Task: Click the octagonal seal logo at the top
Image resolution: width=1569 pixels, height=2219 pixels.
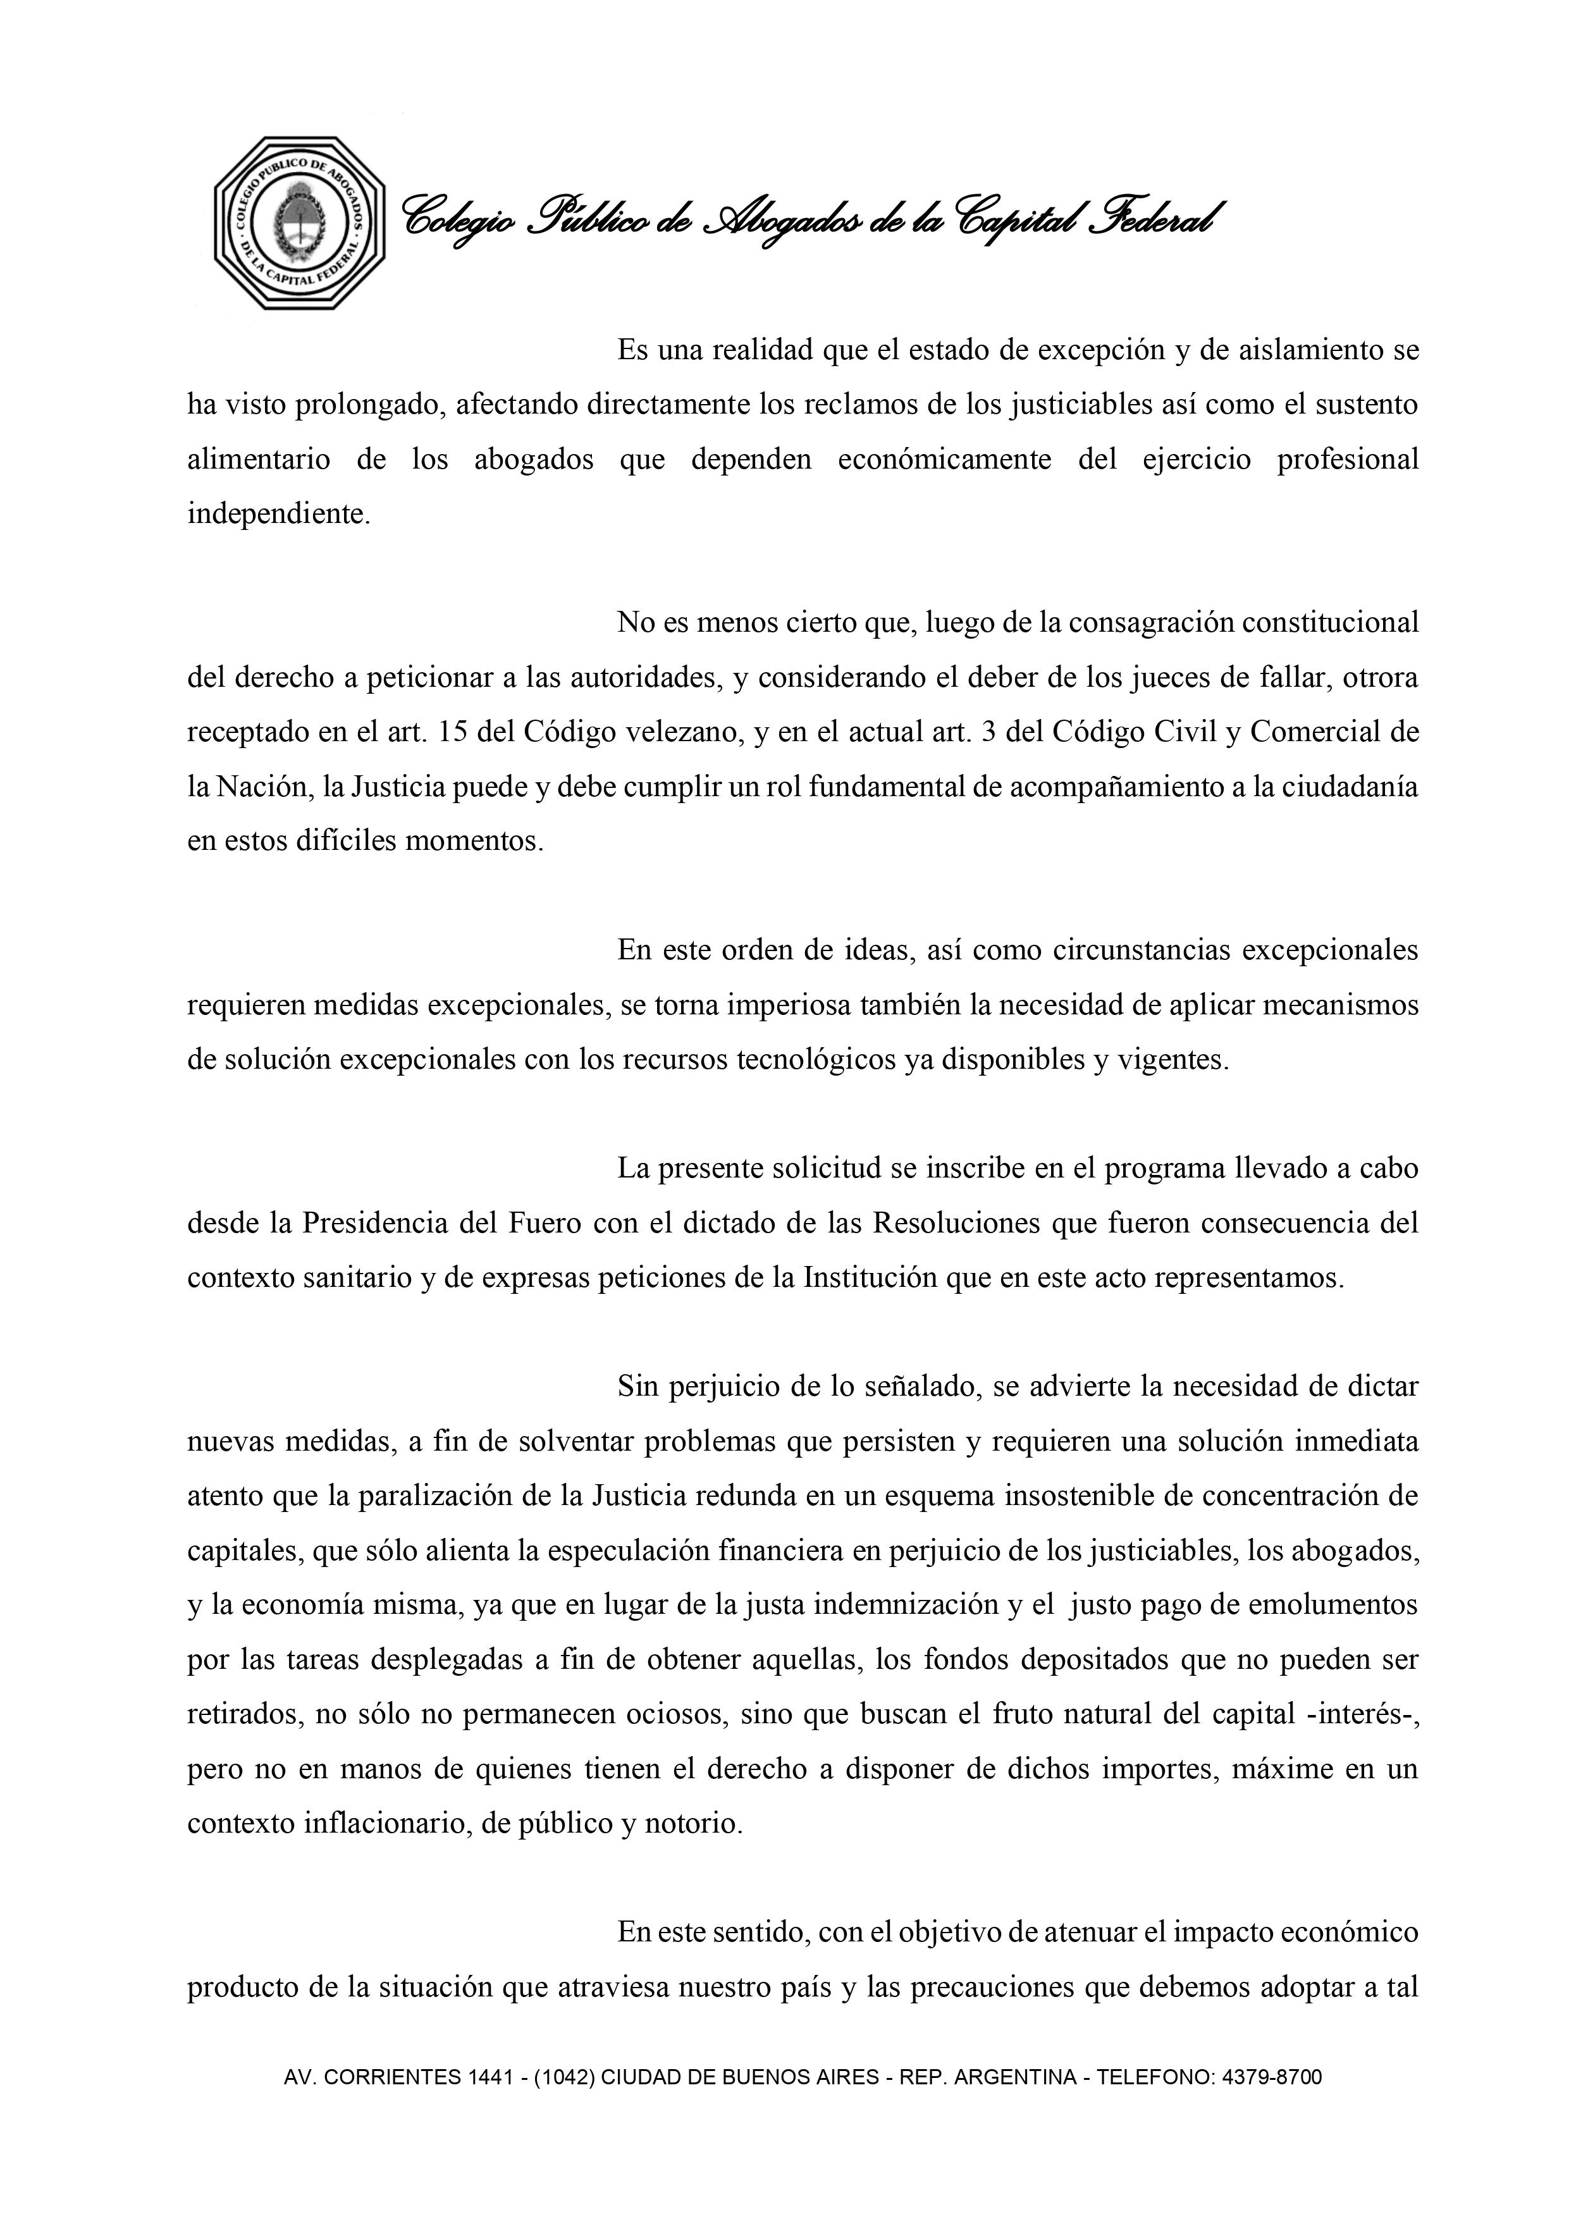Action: click(300, 223)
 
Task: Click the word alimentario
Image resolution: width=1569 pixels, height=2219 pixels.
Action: click(258, 459)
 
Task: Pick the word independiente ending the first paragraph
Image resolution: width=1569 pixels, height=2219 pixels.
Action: click(278, 514)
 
